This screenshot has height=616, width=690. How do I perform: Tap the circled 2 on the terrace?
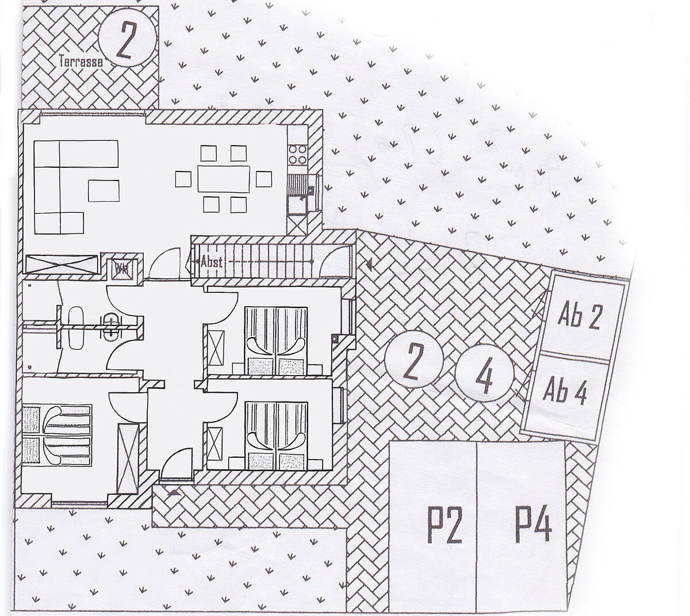tap(126, 41)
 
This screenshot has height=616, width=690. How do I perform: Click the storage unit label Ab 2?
tap(578, 317)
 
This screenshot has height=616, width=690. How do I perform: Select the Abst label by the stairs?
tap(211, 261)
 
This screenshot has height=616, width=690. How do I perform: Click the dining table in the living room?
tap(224, 179)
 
